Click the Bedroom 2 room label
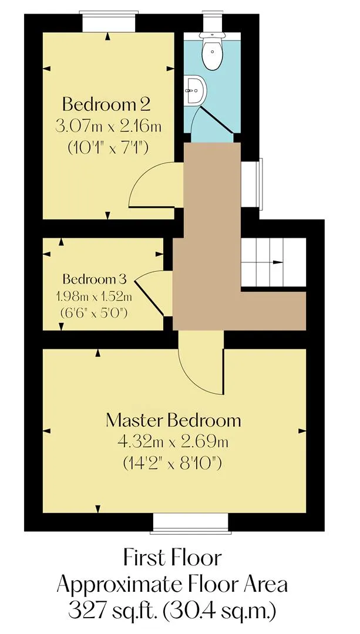click(x=107, y=105)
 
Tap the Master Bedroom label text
click(x=173, y=420)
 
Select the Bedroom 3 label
click(x=95, y=279)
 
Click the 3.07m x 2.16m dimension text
click(x=109, y=127)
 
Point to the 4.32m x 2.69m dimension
click(x=173, y=442)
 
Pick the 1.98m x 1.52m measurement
click(x=94, y=297)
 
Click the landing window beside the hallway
click(x=251, y=183)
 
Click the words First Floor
click(x=173, y=558)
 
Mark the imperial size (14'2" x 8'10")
click(x=172, y=463)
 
